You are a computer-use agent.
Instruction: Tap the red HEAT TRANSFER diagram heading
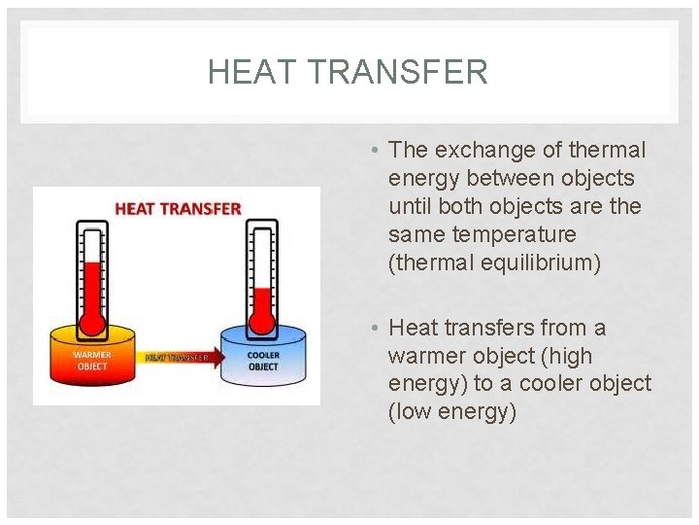pos(178,208)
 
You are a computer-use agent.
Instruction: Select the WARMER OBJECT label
pos(92,361)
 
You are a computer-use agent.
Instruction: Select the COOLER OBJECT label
pos(262,361)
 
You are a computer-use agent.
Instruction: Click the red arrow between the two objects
pos(179,358)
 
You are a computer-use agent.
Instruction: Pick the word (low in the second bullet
pos(407,413)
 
